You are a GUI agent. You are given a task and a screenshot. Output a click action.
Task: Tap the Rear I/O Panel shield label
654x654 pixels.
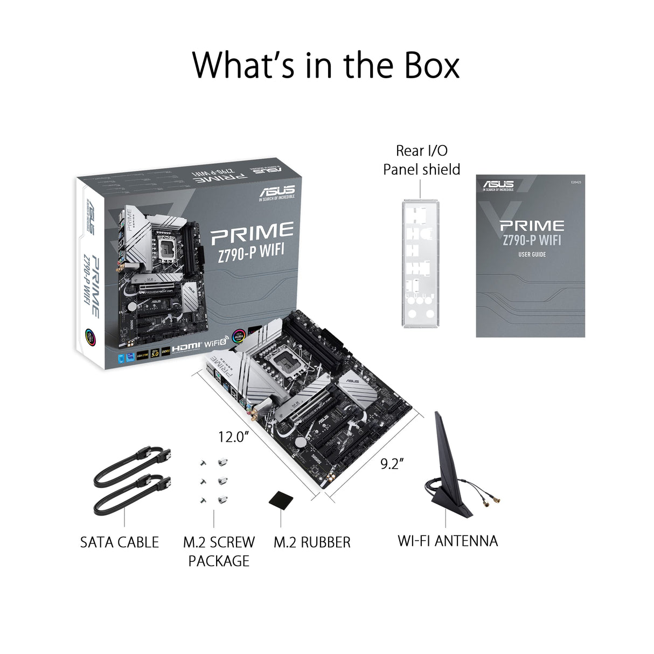pyautogui.click(x=421, y=160)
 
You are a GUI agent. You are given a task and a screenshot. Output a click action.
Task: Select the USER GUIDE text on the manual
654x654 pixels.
pyautogui.click(x=532, y=254)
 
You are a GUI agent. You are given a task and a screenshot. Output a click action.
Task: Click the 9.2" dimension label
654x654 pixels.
pyautogui.click(x=392, y=464)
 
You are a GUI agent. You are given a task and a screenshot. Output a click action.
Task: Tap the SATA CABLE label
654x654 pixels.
pyautogui.click(x=120, y=542)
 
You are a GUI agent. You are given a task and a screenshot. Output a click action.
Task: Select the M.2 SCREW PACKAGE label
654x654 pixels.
pyautogui.click(x=219, y=551)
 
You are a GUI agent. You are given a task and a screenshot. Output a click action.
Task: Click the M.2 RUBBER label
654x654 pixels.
pyautogui.click(x=312, y=542)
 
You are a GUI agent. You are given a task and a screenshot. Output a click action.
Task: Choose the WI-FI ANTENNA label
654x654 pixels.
pyautogui.click(x=448, y=540)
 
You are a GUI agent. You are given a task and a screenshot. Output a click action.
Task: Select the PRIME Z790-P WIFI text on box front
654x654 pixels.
pyautogui.click(x=252, y=237)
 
